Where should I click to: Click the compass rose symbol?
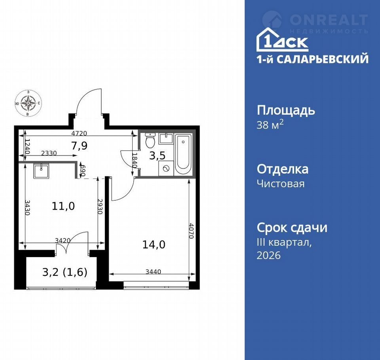28,103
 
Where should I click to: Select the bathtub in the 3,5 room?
183,154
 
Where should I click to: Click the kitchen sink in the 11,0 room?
42,171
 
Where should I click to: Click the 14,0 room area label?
154,244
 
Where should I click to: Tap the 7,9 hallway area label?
79,146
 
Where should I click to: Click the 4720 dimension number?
79,133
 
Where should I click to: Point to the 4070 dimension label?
192,231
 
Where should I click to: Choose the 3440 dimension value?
153,272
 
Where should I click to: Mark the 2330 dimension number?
49,153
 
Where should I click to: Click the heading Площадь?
286,110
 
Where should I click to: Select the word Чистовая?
281,184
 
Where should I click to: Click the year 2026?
269,255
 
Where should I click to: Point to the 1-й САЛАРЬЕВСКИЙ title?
313,59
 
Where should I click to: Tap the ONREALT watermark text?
329,20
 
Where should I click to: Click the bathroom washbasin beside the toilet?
166,138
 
